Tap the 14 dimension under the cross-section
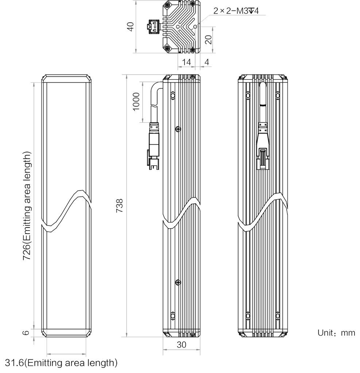point(186,62)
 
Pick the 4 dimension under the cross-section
point(206,62)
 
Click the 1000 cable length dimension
point(136,101)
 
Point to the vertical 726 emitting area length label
point(27,206)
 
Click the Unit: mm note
point(336,333)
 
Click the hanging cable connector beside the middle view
point(154,146)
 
